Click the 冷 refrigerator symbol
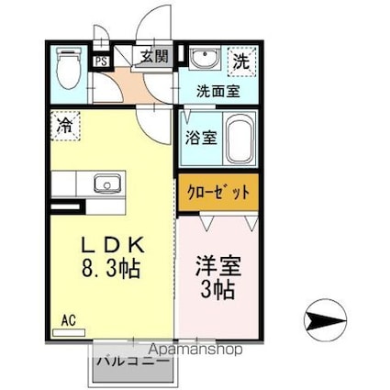(65, 123)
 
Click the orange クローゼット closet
(218, 193)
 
